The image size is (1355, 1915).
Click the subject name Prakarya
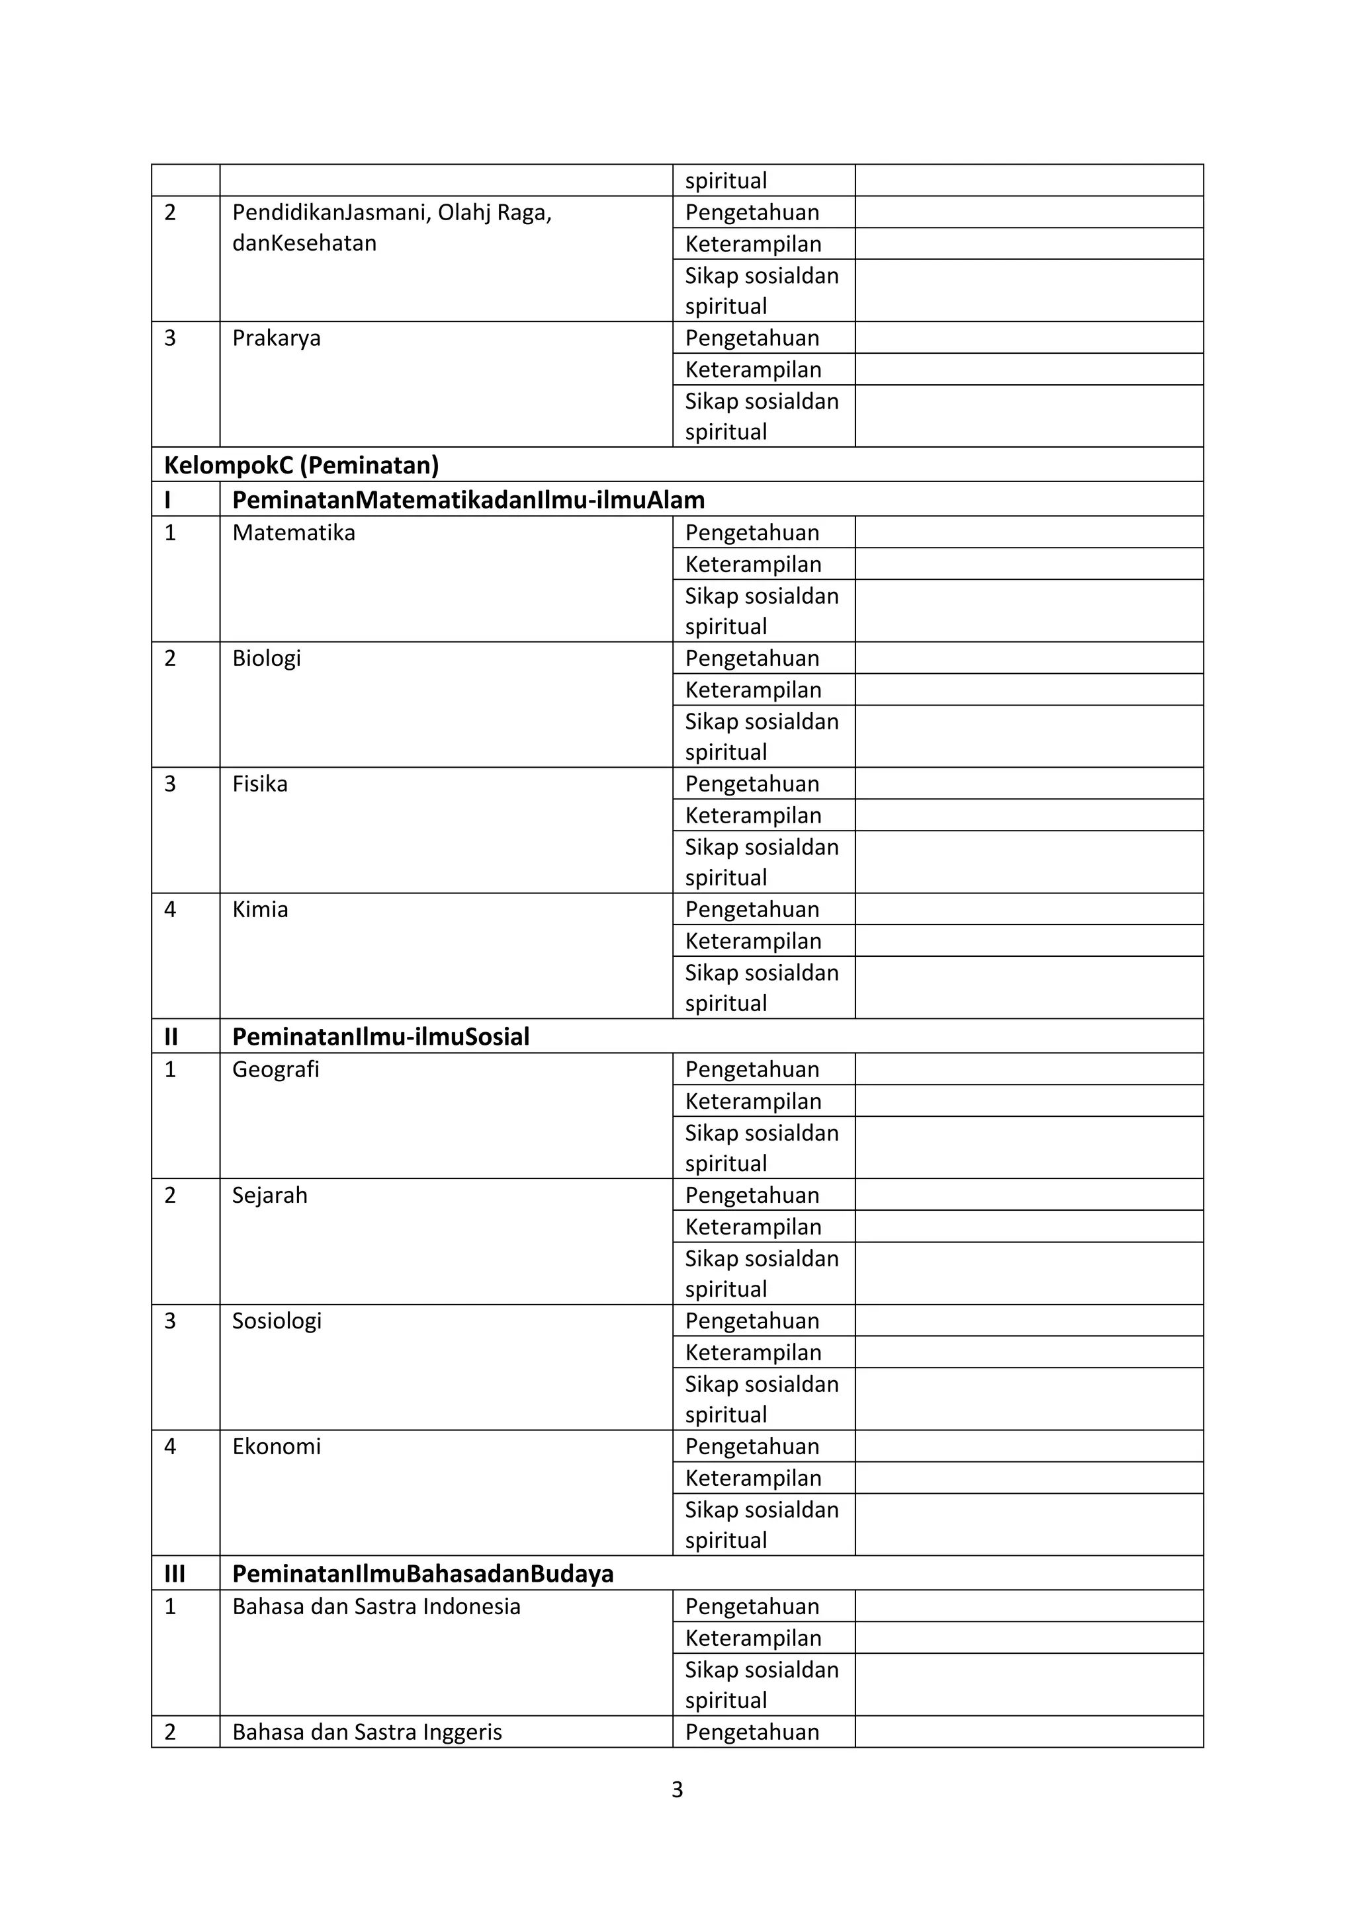click(276, 339)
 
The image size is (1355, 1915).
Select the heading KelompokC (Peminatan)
click(301, 466)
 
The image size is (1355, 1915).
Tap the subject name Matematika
click(294, 533)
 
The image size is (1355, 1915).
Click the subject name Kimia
click(260, 910)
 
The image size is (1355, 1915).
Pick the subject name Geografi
click(275, 1070)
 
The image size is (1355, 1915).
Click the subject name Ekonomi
click(276, 1447)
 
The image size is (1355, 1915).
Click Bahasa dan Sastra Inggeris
click(367, 1732)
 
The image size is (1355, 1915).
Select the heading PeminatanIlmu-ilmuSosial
click(380, 1037)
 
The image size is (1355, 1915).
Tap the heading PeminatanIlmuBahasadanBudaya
click(422, 1574)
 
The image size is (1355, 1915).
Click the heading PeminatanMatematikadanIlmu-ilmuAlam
click(468, 500)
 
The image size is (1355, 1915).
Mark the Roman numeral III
click(175, 1574)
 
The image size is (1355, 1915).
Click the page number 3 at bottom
click(677, 1790)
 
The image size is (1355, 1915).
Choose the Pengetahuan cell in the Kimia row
click(752, 910)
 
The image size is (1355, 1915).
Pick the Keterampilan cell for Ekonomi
click(752, 1479)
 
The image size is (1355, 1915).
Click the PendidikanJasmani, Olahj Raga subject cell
click(391, 227)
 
